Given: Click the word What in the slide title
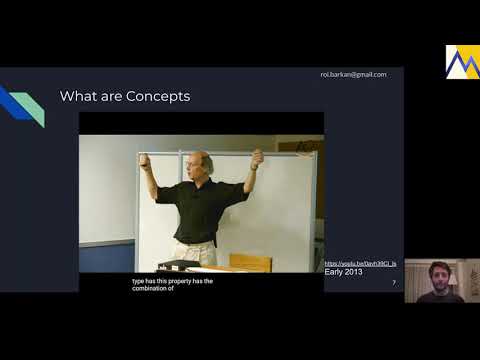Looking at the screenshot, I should pos(78,97).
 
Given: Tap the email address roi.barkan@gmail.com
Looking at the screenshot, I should pos(353,74).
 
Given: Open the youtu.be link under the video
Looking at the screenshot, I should pos(360,263).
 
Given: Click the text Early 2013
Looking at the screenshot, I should pos(344,272).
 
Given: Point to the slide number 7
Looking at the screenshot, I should pos(393,283).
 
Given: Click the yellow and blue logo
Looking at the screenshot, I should pos(462,61).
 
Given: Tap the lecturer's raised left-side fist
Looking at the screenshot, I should pos(145,160).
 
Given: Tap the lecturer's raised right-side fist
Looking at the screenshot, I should pos(257,157).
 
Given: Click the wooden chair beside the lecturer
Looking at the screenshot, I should pos(250,262).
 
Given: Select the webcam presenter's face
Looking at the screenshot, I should pos(440,279).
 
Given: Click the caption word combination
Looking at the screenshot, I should pos(149,288).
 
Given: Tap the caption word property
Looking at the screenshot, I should pos(181,281).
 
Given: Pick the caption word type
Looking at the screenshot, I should pos(137,281).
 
